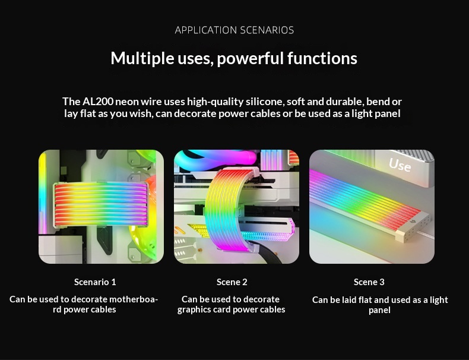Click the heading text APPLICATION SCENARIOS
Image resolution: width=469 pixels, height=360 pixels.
point(234,30)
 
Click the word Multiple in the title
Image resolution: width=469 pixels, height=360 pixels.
point(142,58)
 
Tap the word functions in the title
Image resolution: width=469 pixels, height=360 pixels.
point(322,58)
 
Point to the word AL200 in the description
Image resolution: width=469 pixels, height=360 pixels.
point(98,102)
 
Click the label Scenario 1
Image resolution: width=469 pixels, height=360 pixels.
point(95,282)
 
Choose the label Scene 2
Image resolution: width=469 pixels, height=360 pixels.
point(232,282)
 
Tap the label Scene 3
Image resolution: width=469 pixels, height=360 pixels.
point(369,282)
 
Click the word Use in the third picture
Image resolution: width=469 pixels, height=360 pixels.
point(400,165)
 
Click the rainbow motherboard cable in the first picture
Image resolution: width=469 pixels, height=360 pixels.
point(101,204)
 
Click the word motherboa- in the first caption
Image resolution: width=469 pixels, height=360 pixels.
point(134,299)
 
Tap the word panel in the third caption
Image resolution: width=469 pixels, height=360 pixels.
point(379,310)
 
